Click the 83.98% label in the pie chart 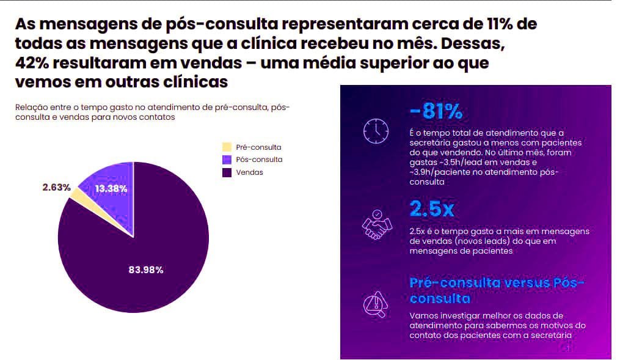pos(145,270)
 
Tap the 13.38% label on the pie pos(111,188)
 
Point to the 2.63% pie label pos(57,187)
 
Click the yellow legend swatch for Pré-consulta pos(227,147)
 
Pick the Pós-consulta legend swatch pos(227,160)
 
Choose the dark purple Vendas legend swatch pos(227,172)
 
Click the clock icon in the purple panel pos(376,130)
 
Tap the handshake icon pos(376,224)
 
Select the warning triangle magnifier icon pos(376,304)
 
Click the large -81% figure pos(436,112)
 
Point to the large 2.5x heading pos(432,209)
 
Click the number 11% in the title pos(505,24)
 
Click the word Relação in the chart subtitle pos(31,108)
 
